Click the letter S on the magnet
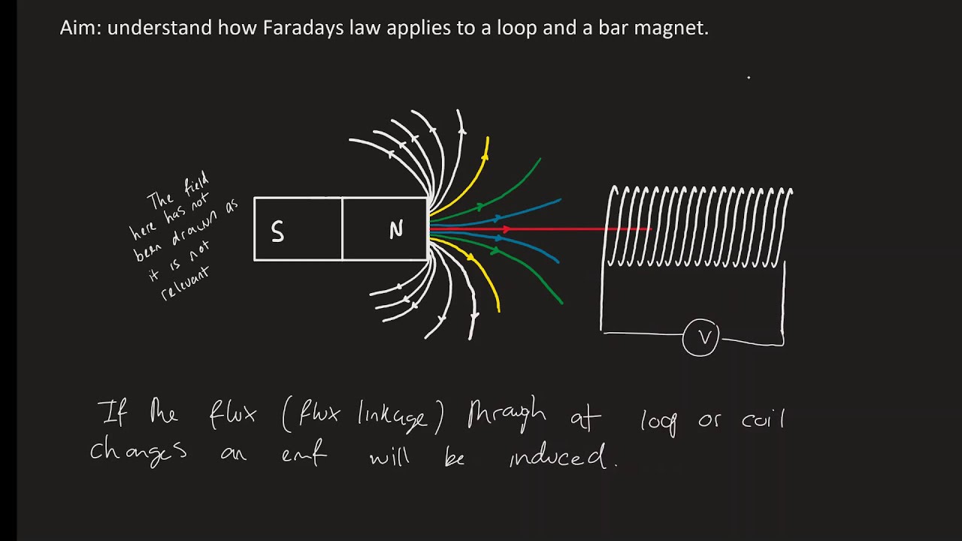277,232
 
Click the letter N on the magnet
396,230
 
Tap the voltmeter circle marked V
701,338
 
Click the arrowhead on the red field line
507,228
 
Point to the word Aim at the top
80,29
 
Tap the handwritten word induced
558,455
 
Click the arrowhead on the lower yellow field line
471,257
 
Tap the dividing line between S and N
342,229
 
